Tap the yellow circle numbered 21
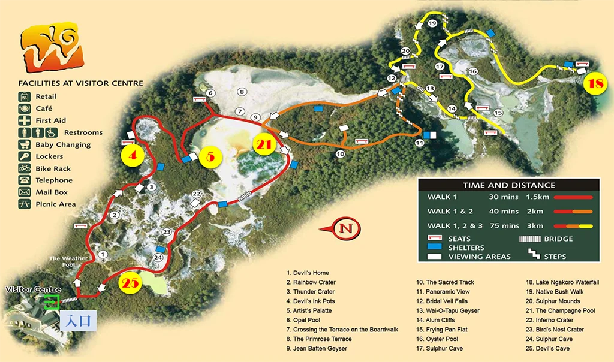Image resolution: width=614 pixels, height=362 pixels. click(264, 144)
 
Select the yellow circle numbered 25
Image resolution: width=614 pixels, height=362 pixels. click(130, 283)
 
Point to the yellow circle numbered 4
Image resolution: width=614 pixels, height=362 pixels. click(133, 156)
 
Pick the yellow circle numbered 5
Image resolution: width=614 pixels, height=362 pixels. click(210, 156)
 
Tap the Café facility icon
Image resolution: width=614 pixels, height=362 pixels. click(25, 108)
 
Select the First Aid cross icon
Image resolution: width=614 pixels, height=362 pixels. click(25, 120)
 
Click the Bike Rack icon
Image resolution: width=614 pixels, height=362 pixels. click(25, 168)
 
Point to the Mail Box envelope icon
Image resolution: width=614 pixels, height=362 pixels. click(25, 192)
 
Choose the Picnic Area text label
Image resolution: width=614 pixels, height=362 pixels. click(56, 204)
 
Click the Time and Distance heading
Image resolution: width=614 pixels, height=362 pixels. click(508, 185)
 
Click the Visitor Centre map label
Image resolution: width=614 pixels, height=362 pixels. click(34, 290)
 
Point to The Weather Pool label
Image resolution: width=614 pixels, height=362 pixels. click(68, 261)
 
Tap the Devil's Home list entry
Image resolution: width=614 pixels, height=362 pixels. click(308, 273)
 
